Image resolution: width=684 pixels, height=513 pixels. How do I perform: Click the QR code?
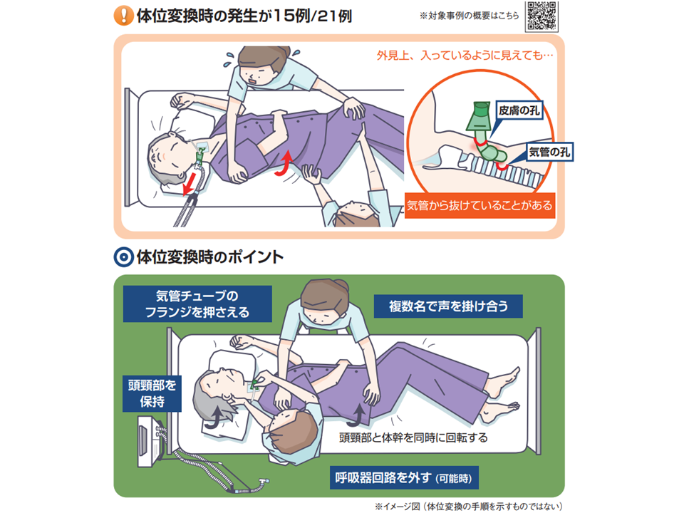[x=541, y=16]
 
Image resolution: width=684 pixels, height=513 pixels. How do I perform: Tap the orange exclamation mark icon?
[x=123, y=16]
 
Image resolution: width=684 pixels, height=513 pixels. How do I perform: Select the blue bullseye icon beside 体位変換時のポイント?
[x=123, y=257]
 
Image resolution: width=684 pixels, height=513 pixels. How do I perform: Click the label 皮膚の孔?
[x=519, y=110]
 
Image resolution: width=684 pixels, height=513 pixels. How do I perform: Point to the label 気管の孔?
[x=549, y=152]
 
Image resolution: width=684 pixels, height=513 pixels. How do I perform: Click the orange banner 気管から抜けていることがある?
[x=480, y=205]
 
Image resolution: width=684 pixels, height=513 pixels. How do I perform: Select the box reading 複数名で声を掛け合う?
[x=448, y=306]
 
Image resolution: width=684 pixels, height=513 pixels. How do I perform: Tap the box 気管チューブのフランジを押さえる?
[x=197, y=304]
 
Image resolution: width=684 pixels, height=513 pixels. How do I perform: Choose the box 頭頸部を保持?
[x=152, y=393]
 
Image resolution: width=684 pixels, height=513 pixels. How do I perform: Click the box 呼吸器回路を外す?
[x=404, y=477]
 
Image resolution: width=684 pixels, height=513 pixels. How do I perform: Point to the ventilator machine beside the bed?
[x=151, y=441]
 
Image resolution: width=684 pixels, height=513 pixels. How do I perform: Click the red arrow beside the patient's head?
[x=189, y=183]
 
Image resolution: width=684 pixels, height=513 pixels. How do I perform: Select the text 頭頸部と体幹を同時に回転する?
[x=413, y=437]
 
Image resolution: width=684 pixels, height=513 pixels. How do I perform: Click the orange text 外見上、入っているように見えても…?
[x=465, y=56]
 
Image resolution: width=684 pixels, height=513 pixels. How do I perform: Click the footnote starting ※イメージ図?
[x=469, y=506]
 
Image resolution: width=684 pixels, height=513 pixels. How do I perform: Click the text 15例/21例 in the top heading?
[x=312, y=16]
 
